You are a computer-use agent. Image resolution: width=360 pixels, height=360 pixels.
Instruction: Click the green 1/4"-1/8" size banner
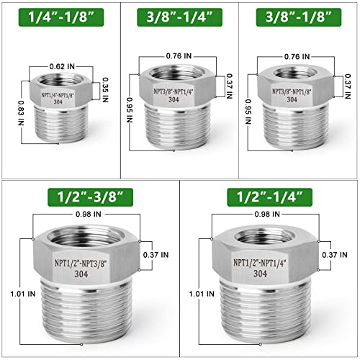pos(60,16)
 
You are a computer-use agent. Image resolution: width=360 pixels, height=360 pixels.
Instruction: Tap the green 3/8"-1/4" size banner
pos(179,16)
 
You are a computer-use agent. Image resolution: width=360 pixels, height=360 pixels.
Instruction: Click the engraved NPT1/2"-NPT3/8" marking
pos(89,264)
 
